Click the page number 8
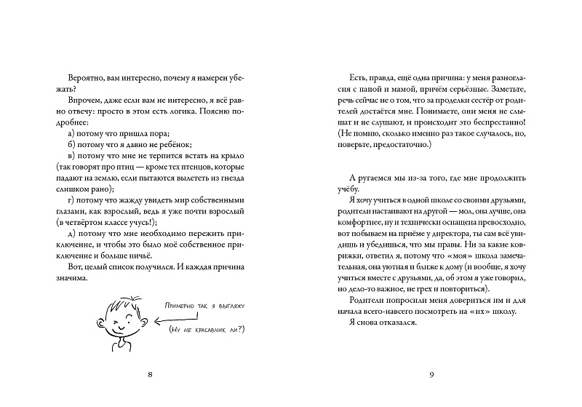point(149,375)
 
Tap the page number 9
point(431,375)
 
